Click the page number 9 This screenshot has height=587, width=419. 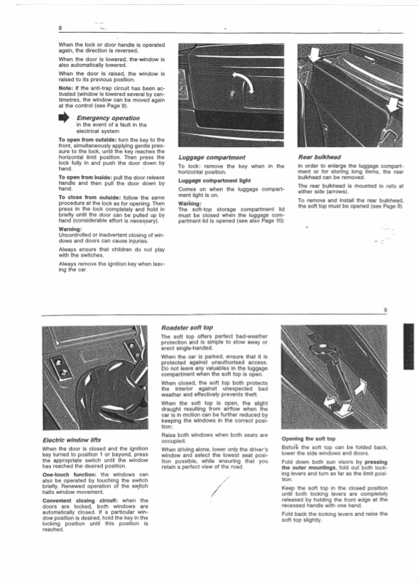point(386,310)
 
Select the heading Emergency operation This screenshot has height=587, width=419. point(108,118)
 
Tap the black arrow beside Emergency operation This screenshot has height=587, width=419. point(64,118)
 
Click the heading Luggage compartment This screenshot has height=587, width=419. point(212,157)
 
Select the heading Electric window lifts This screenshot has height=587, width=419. point(72,440)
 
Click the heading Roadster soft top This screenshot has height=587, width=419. point(187,328)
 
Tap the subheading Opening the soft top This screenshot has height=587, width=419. point(309,438)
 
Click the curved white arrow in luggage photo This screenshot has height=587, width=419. point(243,80)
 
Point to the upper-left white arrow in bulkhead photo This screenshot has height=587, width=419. point(314,55)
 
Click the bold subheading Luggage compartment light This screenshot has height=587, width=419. point(214,181)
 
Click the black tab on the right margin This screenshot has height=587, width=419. point(408,346)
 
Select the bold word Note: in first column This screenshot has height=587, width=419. point(66,88)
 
